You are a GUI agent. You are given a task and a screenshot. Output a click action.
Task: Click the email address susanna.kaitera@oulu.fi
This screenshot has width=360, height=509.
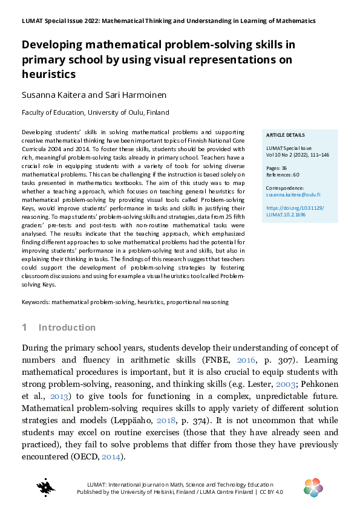click(x=293, y=195)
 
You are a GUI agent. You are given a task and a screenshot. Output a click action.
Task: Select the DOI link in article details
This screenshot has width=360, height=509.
click(x=295, y=211)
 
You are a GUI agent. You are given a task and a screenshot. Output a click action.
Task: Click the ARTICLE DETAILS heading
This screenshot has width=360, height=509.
click(x=286, y=135)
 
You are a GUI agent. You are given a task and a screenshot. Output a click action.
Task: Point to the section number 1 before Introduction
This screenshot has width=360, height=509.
click(x=24, y=328)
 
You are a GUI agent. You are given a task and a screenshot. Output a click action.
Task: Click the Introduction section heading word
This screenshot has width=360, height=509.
click(x=67, y=328)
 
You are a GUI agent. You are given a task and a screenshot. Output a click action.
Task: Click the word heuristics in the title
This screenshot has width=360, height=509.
click(x=49, y=74)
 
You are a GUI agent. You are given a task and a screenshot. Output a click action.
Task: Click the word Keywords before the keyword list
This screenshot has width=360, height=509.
click(x=35, y=301)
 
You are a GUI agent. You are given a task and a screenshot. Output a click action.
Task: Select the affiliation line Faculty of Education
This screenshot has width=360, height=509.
click(x=95, y=112)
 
